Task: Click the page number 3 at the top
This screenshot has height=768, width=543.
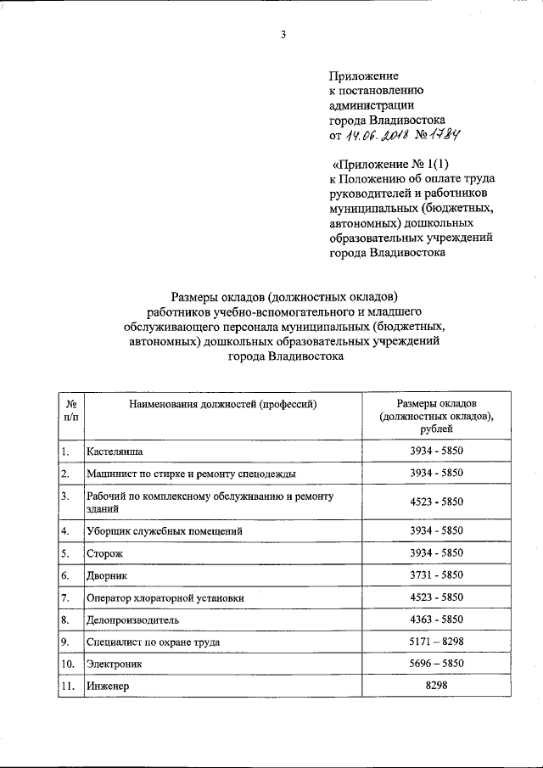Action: point(283,35)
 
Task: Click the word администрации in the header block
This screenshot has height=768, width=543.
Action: point(371,105)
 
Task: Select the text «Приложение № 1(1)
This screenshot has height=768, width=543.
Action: point(391,164)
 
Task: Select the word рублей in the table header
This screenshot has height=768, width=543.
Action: point(436,430)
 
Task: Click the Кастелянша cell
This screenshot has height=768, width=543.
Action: point(114,451)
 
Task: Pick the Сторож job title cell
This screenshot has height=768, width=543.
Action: point(104,552)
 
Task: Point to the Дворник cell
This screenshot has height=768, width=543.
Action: point(107,575)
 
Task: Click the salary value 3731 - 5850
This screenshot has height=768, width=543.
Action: point(436,575)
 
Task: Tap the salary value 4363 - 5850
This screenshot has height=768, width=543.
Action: point(436,619)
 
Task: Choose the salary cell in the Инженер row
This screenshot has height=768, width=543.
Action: point(436,686)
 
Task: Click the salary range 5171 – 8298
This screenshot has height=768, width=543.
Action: point(436,642)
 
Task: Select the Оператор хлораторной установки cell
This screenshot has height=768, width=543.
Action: point(165,597)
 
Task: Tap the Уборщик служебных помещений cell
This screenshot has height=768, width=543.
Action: point(165,530)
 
